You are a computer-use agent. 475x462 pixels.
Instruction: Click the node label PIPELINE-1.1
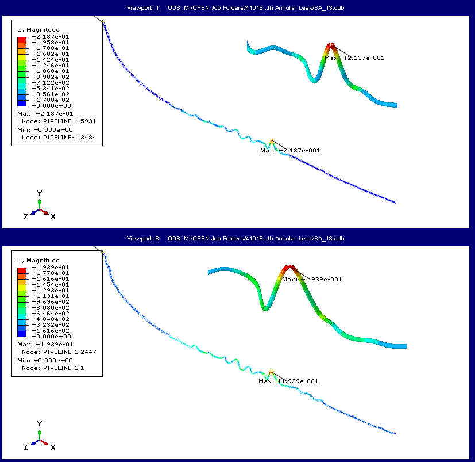(56, 368)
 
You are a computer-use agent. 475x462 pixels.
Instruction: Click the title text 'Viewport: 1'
(142, 7)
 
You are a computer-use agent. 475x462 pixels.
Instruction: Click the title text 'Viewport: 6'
(142, 238)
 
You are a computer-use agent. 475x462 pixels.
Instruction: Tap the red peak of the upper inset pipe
(330, 45)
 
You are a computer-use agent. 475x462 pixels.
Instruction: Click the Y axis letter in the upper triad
(39, 193)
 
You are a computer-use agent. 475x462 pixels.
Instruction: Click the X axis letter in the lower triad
(53, 447)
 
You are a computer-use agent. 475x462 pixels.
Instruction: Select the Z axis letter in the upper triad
(26, 216)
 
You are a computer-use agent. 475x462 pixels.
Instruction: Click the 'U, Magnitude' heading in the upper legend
(38, 29)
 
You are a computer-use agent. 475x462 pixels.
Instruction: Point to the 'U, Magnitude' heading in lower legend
(38, 260)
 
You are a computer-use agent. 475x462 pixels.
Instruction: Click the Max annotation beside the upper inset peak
(354, 58)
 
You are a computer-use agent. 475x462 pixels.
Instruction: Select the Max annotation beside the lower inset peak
(312, 279)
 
